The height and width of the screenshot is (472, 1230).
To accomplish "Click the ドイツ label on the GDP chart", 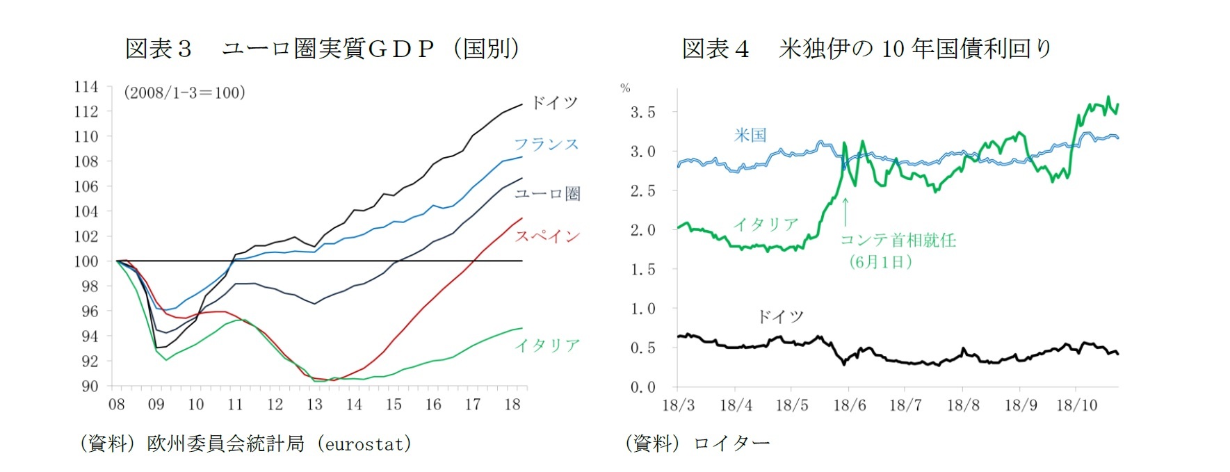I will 554,103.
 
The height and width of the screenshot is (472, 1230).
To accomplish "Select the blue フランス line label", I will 546,144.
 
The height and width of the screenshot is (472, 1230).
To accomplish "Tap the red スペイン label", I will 547,236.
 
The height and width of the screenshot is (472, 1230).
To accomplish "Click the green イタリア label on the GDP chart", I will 547,345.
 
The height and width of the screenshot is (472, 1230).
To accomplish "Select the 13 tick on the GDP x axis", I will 314,405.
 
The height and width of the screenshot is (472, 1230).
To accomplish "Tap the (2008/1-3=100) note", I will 184,92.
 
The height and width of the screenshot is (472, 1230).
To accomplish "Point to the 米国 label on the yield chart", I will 750,135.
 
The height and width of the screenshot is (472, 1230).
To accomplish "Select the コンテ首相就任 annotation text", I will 898,241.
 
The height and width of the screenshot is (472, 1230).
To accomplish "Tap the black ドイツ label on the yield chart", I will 780,317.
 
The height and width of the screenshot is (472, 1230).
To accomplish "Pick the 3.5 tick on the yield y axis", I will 642,113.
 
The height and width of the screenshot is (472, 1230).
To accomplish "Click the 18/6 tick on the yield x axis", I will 850,405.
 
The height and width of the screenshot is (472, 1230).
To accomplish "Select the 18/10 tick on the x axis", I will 1076,405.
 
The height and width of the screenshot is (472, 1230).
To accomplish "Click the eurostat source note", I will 245,443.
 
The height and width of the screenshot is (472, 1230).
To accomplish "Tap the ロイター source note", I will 697,443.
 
